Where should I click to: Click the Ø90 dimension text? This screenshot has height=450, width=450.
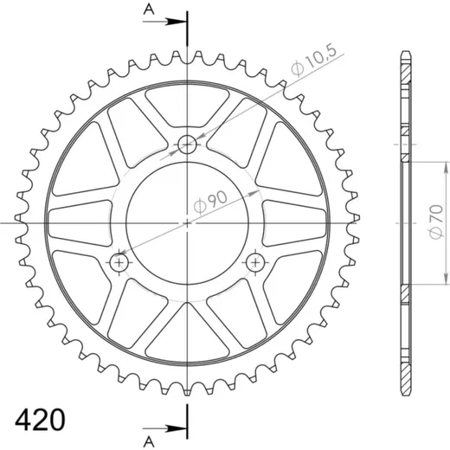(210, 202)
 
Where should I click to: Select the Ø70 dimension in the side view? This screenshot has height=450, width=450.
(436, 222)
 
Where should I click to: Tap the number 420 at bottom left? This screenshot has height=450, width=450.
(40, 420)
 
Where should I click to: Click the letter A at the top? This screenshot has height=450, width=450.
(149, 10)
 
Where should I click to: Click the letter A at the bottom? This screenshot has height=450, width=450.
(149, 441)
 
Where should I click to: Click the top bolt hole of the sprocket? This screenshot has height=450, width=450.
(187, 145)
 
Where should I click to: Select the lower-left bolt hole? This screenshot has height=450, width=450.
(119, 262)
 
